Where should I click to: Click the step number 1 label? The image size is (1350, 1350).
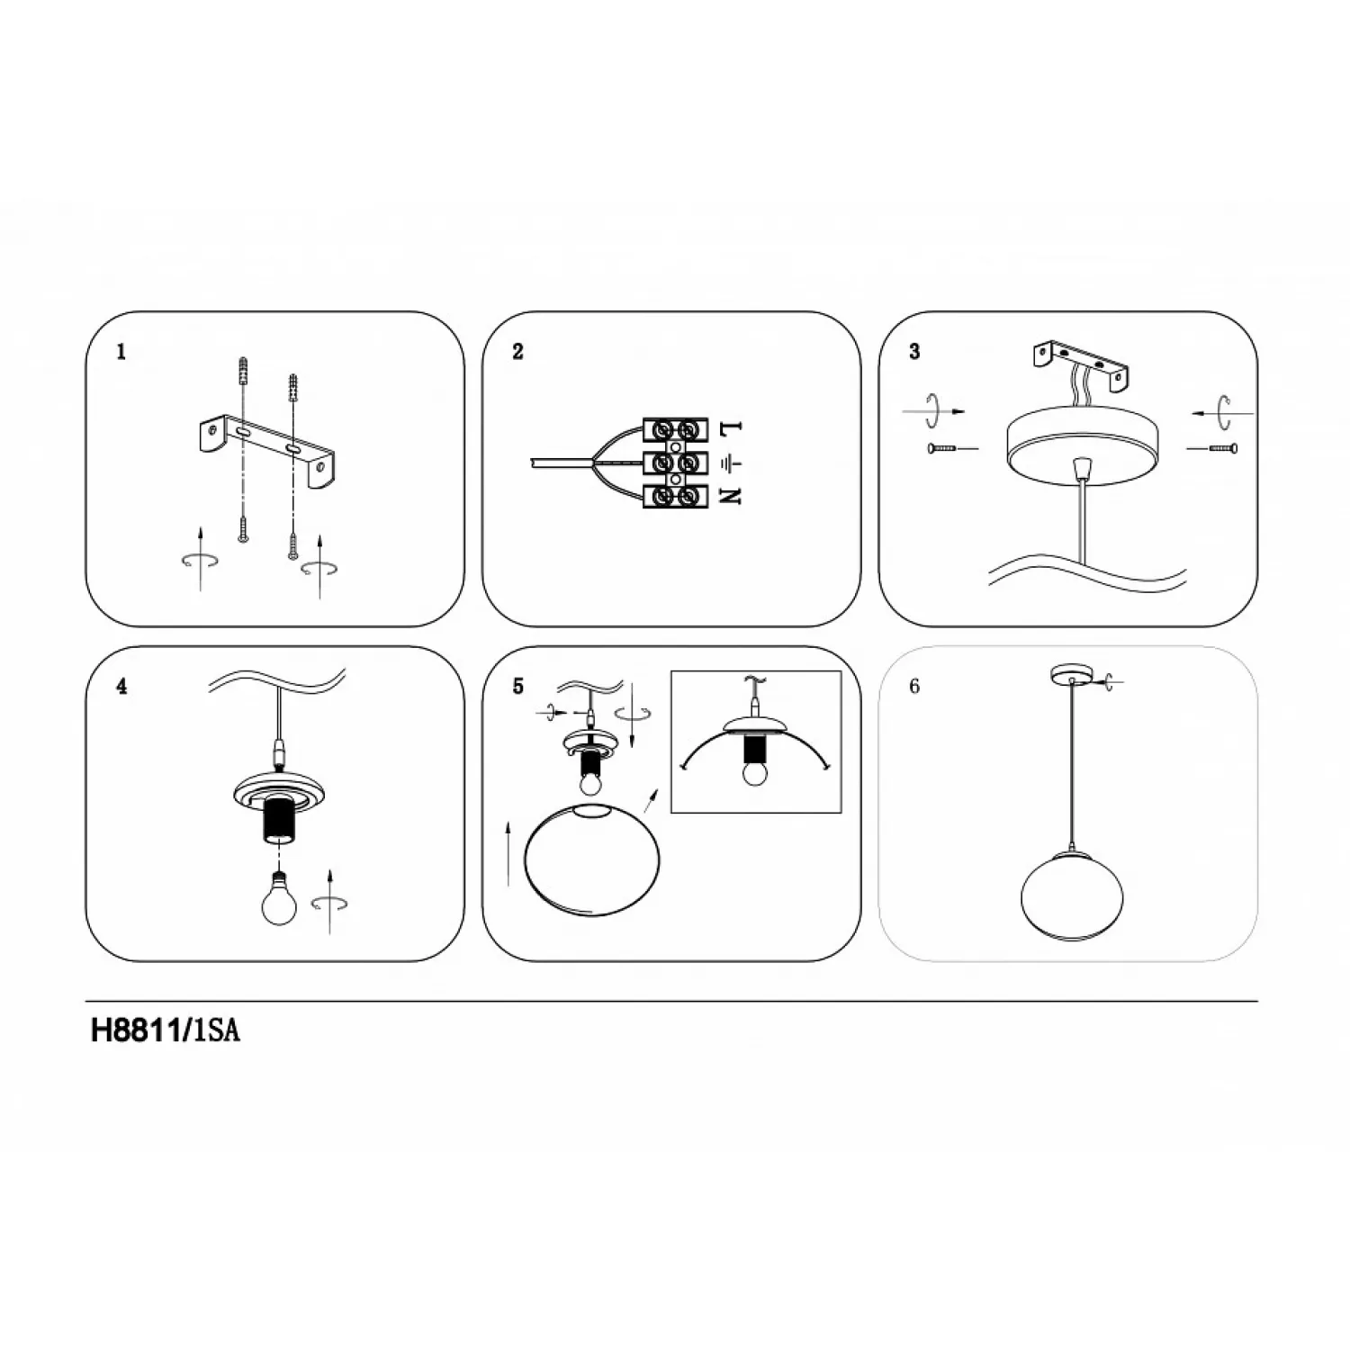pos(121,352)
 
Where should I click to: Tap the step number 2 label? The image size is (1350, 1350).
pos(517,352)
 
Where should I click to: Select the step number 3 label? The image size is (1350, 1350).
pos(914,352)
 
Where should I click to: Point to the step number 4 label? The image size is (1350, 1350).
pos(121,687)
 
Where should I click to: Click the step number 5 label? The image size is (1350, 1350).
pos(517,687)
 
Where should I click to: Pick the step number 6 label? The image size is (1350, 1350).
pos(914,687)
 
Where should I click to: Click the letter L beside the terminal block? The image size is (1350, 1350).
pos(732,429)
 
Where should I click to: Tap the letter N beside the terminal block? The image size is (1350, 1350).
pos(732,495)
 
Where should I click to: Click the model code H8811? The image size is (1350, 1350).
pos(137,1031)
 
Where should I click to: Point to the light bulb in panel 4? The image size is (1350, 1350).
pos(279,899)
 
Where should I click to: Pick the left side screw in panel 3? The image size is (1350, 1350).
pos(941,447)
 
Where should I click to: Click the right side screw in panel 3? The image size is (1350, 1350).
pos(1223,447)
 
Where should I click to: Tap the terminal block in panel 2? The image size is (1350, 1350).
pos(675,463)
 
